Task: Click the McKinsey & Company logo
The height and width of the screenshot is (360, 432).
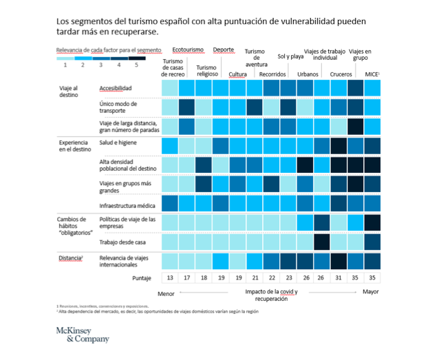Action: click(x=82, y=335)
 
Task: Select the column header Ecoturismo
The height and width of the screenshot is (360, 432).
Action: click(x=188, y=50)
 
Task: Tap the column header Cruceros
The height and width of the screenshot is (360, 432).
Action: click(x=341, y=74)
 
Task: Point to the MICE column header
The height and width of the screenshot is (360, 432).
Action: click(x=372, y=74)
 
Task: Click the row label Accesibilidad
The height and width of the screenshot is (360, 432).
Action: click(x=116, y=89)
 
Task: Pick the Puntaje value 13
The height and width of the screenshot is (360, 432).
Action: click(x=170, y=277)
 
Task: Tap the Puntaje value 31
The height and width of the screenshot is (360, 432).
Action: click(x=338, y=277)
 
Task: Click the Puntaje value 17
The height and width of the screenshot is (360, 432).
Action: click(x=187, y=277)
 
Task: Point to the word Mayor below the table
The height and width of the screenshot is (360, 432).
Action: click(x=371, y=292)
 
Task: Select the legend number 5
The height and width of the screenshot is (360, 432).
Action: click(x=136, y=64)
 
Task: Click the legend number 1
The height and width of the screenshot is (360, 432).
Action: click(x=65, y=64)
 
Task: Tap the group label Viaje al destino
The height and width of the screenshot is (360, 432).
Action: click(x=68, y=92)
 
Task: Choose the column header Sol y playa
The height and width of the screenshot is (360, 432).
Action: click(x=290, y=56)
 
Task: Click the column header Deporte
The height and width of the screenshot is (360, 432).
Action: click(x=224, y=50)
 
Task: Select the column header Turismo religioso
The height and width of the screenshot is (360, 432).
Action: click(x=206, y=71)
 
